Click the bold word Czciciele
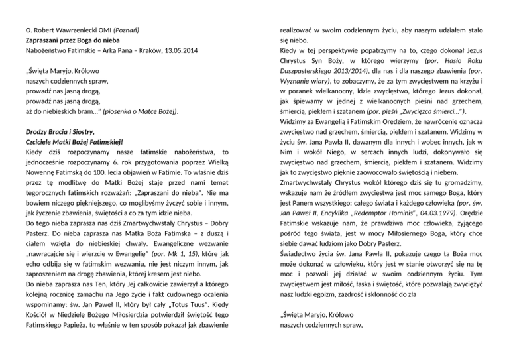(x=41, y=142)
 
